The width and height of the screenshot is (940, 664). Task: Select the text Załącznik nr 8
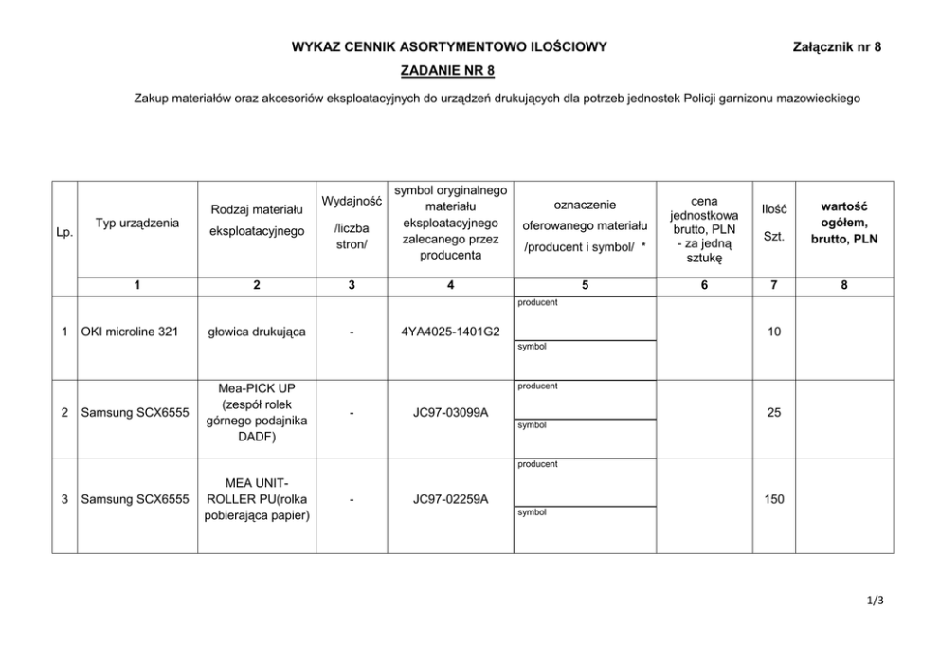click(836, 46)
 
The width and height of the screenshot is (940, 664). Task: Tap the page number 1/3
click(874, 599)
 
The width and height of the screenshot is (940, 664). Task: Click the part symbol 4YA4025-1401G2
click(450, 332)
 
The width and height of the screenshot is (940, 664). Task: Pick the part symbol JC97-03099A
click(450, 413)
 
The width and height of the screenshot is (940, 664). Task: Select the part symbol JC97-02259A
click(450, 499)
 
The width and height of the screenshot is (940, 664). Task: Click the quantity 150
click(773, 499)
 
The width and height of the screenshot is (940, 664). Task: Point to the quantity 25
click(773, 413)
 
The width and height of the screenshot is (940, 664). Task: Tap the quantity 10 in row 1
click(773, 332)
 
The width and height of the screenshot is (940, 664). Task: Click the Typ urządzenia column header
click(136, 223)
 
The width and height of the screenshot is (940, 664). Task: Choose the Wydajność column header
click(352, 201)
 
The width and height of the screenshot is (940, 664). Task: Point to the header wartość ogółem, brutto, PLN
click(843, 223)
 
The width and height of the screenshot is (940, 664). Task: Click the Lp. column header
click(65, 231)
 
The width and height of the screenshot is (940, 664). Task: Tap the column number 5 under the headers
click(585, 284)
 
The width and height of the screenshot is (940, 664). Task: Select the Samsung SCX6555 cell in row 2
click(136, 413)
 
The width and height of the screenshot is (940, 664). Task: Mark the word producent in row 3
click(537, 464)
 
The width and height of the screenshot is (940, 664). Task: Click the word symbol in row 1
click(532, 347)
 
